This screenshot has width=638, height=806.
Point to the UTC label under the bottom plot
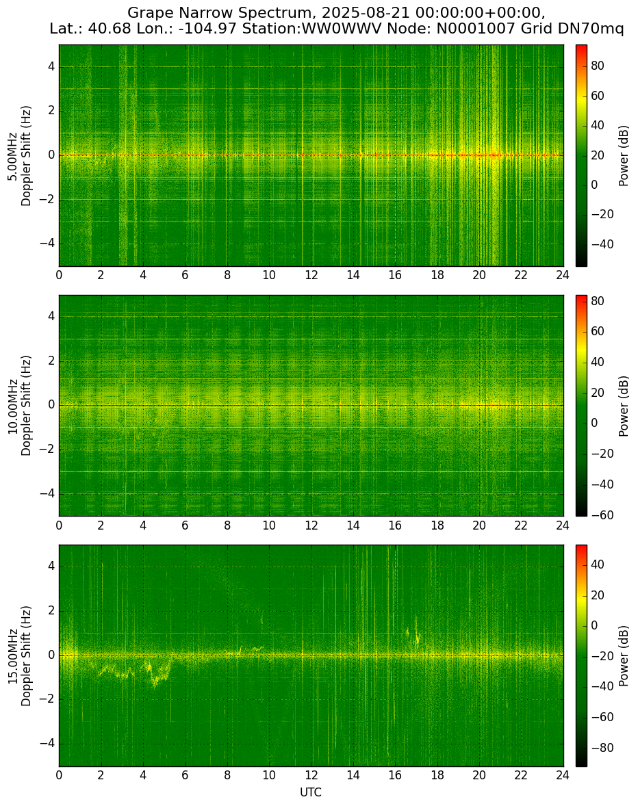click(311, 792)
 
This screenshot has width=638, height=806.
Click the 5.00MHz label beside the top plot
click(12, 156)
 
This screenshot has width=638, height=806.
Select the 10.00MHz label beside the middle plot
click(12, 406)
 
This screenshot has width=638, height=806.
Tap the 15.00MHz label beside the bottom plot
click(12, 656)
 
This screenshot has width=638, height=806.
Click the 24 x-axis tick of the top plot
click(563, 275)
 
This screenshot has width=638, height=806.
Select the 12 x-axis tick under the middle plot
click(311, 525)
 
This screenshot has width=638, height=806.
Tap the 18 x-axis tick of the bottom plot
click(437, 775)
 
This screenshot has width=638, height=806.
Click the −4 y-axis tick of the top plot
click(49, 244)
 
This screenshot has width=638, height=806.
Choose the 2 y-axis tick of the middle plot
click(51, 361)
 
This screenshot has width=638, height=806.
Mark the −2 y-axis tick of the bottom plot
click(49, 699)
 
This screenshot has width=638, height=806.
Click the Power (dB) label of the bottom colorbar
click(624, 656)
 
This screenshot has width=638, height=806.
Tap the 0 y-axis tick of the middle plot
click(51, 406)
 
